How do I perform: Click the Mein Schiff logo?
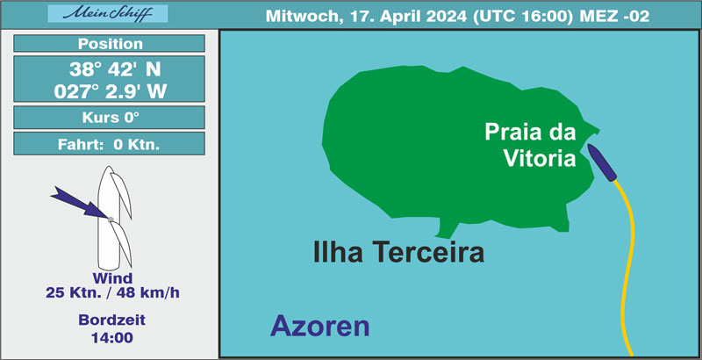(107, 13)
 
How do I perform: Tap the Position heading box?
(109, 43)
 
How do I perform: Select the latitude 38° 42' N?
(115, 69)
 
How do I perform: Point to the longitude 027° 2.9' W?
(111, 92)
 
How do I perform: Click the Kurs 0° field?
(109, 118)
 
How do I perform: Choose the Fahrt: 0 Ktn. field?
(109, 144)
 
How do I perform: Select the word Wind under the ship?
(112, 278)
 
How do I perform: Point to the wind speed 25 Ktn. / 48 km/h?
(112, 293)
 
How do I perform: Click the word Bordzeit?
(112, 320)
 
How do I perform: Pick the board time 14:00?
(112, 338)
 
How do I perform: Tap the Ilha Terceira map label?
(398, 252)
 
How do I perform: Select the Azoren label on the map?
(320, 326)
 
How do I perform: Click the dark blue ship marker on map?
(602, 162)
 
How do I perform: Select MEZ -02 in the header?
(614, 16)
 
